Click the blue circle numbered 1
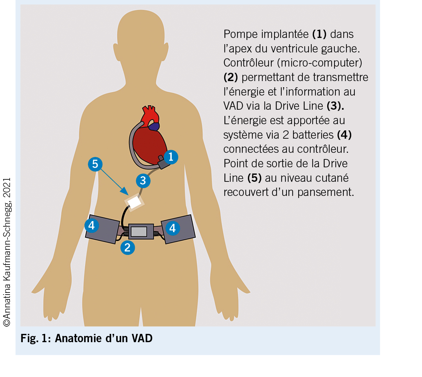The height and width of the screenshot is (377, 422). point(171,157)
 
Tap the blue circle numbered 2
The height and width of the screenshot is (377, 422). point(128,247)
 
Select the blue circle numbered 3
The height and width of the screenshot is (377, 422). point(143,180)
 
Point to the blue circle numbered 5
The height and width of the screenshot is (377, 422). point(95,164)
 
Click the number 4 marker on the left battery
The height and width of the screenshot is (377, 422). point(92,225)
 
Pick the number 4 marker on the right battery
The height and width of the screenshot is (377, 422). point(172,228)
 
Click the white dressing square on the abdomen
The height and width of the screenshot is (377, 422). point(134,202)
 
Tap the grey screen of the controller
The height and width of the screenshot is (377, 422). point(139,231)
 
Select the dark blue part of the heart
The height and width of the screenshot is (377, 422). point(154,126)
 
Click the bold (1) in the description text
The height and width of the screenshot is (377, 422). point(319,34)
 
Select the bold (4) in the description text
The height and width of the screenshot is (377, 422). point(344,135)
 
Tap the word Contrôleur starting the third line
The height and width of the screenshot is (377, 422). point(249,63)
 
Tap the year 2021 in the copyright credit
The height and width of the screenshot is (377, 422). point(7,188)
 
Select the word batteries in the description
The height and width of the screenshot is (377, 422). point(313,135)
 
